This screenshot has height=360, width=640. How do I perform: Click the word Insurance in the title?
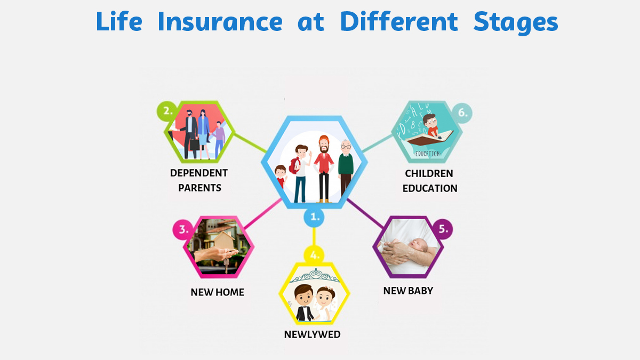coord(220,21)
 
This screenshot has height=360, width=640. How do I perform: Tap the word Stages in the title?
coord(516,23)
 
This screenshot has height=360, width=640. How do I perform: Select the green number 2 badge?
coord(167,111)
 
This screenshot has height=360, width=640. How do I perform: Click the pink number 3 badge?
coord(183,229)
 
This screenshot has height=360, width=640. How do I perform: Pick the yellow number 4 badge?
coord(314,254)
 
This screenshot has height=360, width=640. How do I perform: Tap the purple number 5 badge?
coord(443,229)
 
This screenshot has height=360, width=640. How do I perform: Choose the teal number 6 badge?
coord(462,113)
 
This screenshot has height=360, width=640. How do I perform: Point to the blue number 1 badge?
coord(314,217)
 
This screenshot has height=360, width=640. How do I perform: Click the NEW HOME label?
coord(218,292)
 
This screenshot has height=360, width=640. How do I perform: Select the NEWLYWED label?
coord(313,334)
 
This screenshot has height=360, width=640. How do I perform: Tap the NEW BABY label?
coord(408,291)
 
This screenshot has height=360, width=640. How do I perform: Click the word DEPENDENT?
coord(199,173)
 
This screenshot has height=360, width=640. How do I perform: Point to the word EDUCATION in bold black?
coord(430,189)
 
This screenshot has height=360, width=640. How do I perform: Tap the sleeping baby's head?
coord(418,245)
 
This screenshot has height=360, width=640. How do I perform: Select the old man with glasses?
coord(346,169)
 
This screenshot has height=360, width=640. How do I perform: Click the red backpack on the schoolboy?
coord(294,165)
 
